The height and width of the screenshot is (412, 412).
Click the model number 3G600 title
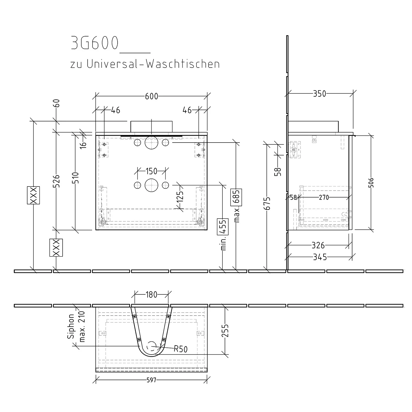tap(95, 43)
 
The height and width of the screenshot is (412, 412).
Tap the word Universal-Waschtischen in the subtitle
tap(153, 64)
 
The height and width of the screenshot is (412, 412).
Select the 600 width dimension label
tap(152, 96)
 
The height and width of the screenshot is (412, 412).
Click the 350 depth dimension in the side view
tap(320, 94)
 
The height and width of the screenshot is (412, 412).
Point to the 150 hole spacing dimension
tap(151, 171)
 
